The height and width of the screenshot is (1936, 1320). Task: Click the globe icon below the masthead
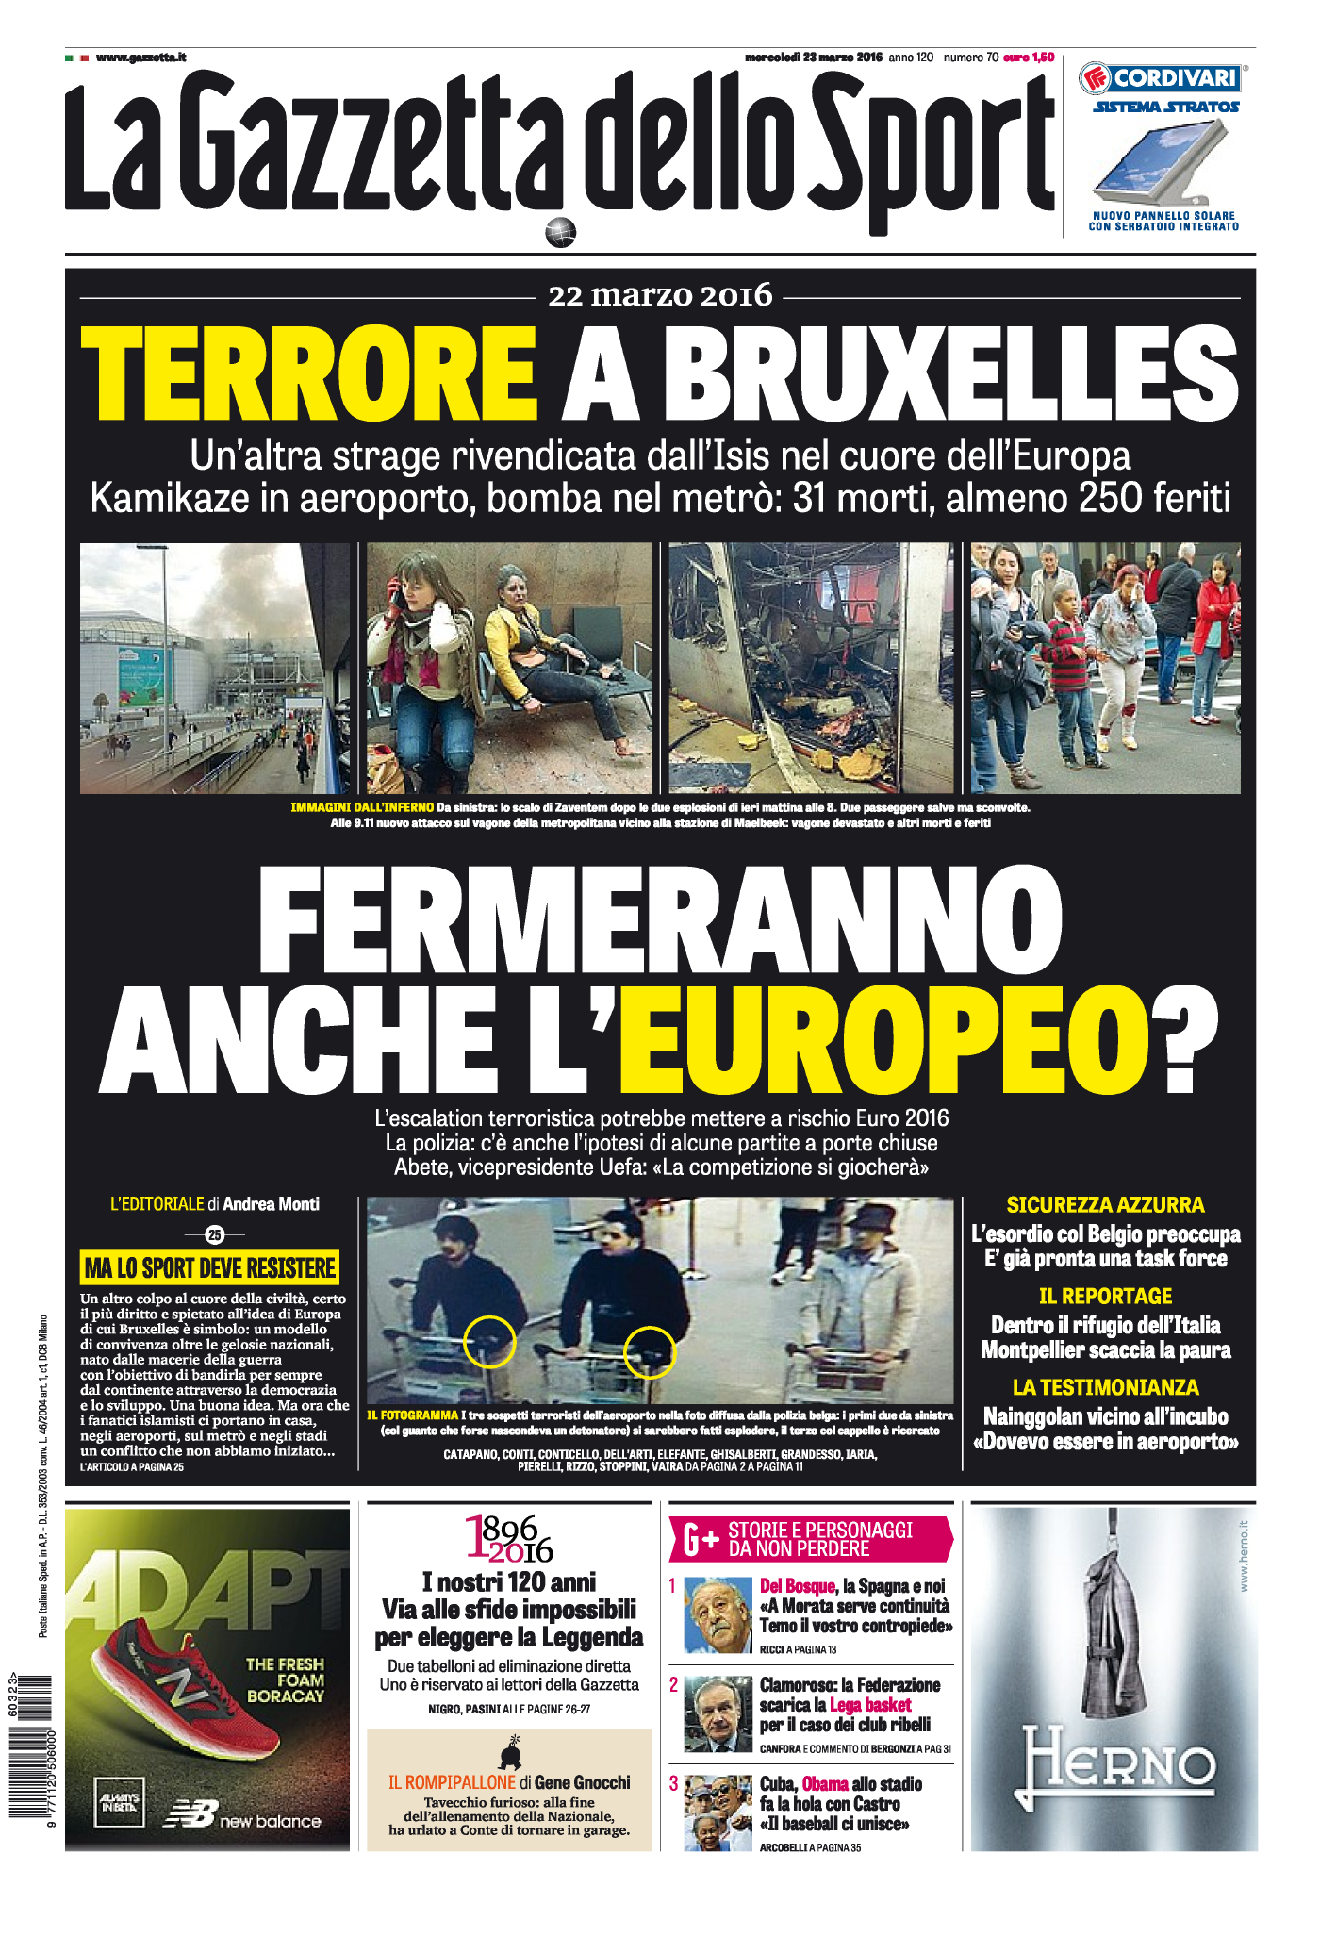pyautogui.click(x=560, y=232)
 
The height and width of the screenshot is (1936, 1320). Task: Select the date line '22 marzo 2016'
pyautogui.click(x=660, y=296)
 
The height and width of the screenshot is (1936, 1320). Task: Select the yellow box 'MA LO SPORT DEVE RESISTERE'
pyautogui.click(x=209, y=1267)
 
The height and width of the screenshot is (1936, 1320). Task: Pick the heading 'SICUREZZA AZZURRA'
pyautogui.click(x=1105, y=1204)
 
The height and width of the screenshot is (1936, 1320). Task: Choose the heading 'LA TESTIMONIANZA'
pyautogui.click(x=1105, y=1387)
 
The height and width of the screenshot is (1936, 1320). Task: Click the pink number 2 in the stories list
pyautogui.click(x=673, y=1684)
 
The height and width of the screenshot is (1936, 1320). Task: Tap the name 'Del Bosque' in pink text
pyautogui.click(x=797, y=1586)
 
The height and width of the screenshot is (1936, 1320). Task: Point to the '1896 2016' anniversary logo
pyautogui.click(x=509, y=1539)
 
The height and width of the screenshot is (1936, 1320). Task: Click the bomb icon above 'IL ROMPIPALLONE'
pyautogui.click(x=509, y=1752)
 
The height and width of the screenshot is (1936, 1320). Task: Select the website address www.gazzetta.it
pyautogui.click(x=140, y=58)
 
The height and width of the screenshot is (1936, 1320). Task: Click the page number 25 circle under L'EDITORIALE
pyautogui.click(x=215, y=1234)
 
